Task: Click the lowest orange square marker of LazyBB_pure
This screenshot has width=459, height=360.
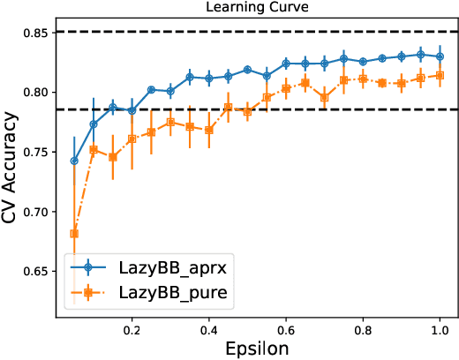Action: click(x=74, y=234)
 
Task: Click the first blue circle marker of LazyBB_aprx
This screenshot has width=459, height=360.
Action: click(x=74, y=161)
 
